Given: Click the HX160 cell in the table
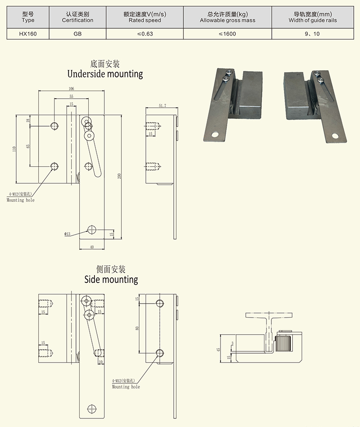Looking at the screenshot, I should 27,34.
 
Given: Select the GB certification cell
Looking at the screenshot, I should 77,34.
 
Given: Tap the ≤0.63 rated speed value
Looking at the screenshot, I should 144,34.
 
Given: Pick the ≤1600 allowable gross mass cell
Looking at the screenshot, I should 227,34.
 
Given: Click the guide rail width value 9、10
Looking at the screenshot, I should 312,34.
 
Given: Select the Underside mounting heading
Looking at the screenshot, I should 105,73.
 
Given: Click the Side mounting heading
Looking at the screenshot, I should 111,279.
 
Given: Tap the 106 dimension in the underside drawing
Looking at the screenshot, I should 71,88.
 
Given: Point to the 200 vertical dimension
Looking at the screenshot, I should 120,176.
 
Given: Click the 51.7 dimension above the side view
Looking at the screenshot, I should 162,106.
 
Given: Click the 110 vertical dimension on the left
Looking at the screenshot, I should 14,149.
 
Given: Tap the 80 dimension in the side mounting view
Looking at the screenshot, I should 137,327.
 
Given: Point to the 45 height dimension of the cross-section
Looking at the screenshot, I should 218,349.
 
